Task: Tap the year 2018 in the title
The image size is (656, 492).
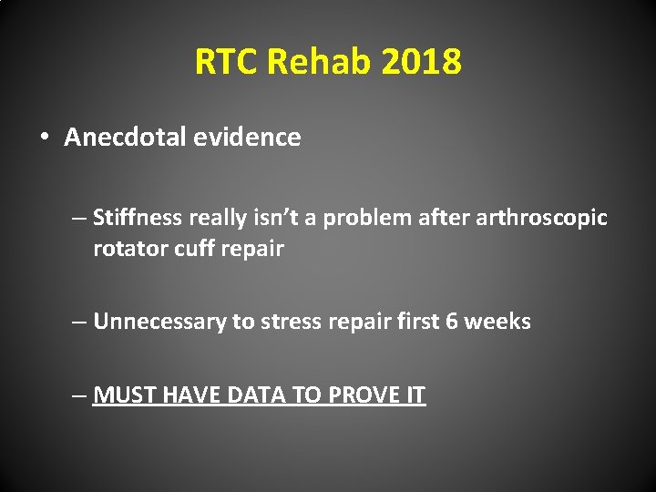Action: pyautogui.click(x=422, y=62)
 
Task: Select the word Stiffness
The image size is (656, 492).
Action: pyautogui.click(x=137, y=218)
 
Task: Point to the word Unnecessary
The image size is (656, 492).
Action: pyautogui.click(x=159, y=322)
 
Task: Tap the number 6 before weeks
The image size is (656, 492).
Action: pyautogui.click(x=452, y=322)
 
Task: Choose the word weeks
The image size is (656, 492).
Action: pyautogui.click(x=498, y=322)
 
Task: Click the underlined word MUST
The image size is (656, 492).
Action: pyautogui.click(x=122, y=395)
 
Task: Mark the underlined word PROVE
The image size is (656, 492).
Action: pyautogui.click(x=363, y=395)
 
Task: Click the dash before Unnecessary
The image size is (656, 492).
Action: pyautogui.click(x=81, y=322)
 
